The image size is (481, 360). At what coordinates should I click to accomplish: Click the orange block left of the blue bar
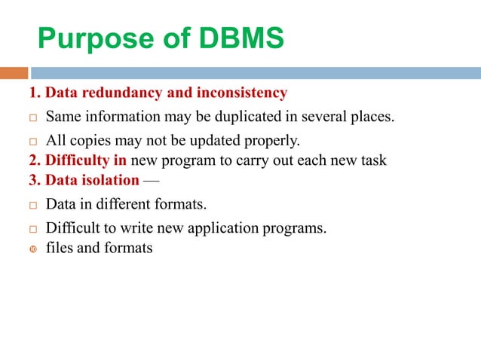[14, 73]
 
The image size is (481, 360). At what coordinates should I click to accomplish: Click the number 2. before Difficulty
[35, 160]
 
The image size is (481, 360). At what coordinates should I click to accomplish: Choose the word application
[236, 227]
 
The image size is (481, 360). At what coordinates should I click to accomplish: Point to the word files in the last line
[60, 247]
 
